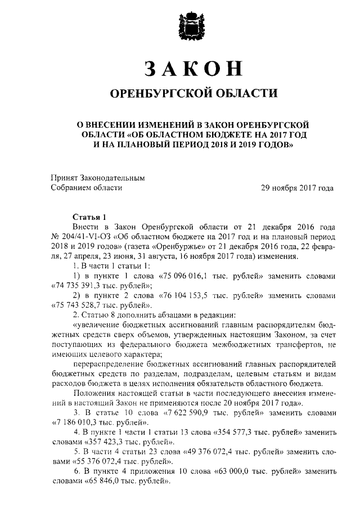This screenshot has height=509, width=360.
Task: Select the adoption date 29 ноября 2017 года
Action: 296,188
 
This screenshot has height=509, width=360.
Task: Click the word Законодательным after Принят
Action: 111,178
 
